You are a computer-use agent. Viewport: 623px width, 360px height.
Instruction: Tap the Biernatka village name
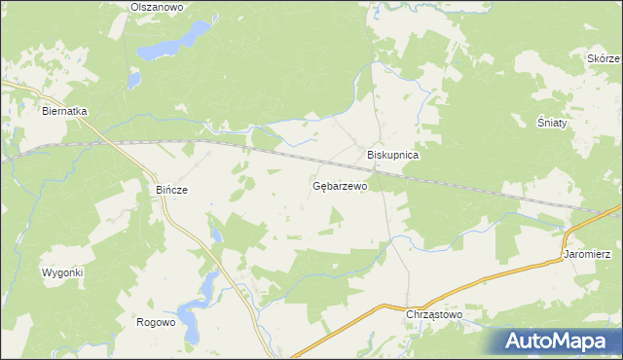64,111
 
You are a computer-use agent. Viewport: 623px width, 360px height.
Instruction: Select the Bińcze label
171,190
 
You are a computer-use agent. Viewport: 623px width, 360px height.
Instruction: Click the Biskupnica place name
392,155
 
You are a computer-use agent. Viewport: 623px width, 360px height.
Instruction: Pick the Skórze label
604,58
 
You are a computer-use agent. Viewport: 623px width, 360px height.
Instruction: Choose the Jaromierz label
587,254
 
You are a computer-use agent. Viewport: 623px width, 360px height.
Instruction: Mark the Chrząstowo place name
433,315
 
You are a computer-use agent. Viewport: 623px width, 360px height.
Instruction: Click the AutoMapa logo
558,340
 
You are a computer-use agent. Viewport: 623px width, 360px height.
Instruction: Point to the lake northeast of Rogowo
208,288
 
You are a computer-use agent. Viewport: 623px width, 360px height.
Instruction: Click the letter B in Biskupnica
370,155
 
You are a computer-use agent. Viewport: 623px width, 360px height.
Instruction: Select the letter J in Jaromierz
566,254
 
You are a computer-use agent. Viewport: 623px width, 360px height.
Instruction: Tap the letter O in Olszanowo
134,7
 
